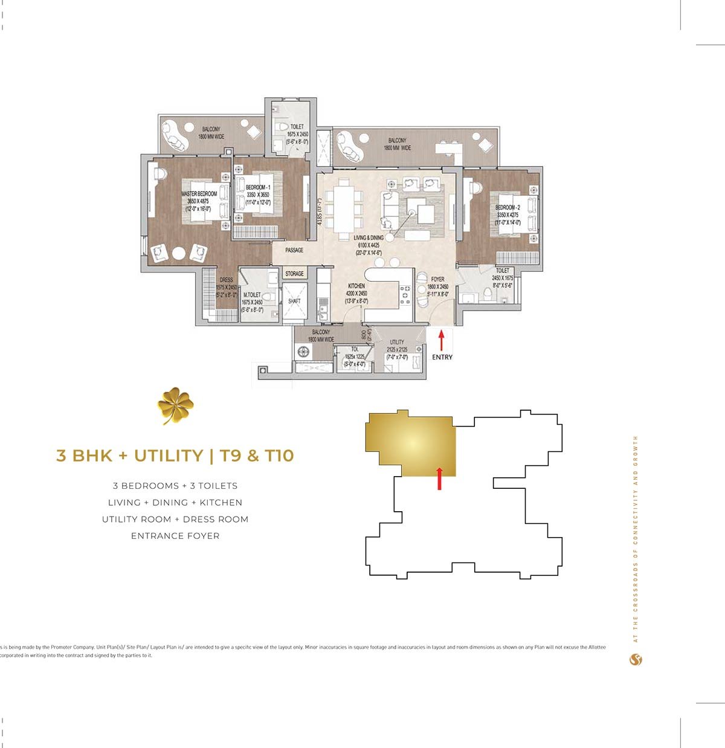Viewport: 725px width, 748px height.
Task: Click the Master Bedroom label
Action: point(199,194)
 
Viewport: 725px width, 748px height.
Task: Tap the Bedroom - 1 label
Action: point(258,188)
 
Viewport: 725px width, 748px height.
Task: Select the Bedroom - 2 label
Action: point(507,207)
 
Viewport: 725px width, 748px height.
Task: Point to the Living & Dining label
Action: point(369,238)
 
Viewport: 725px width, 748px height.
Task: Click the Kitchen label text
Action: point(356,286)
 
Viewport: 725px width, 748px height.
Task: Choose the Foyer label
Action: point(438,280)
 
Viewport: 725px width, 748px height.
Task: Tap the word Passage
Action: point(294,250)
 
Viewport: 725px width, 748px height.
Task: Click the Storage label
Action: point(294,274)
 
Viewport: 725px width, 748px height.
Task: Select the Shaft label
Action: point(294,301)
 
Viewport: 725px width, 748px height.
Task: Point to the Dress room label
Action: point(227,280)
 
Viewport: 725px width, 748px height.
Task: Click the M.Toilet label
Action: point(252,295)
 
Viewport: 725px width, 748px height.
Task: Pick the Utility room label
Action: point(397,342)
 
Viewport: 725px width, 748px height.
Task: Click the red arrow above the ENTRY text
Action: point(441,340)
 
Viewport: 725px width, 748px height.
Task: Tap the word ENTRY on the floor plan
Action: point(442,357)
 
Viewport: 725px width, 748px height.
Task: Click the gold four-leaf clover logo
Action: point(175,405)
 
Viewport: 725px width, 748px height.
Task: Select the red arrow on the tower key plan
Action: point(439,478)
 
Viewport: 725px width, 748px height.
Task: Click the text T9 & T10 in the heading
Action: point(257,456)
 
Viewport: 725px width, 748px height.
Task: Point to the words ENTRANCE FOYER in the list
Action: point(175,536)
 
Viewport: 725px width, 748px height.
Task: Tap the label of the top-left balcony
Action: point(211,129)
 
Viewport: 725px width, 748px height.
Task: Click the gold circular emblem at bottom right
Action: point(636,660)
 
